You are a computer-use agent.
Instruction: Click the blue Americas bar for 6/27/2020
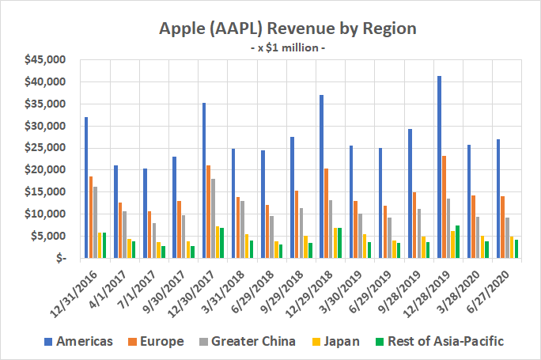tap(497, 199)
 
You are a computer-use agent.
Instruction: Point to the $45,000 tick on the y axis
tap(47, 60)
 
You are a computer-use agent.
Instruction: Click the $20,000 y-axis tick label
tap(47, 170)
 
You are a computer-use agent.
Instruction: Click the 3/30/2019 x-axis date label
tap(344, 286)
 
